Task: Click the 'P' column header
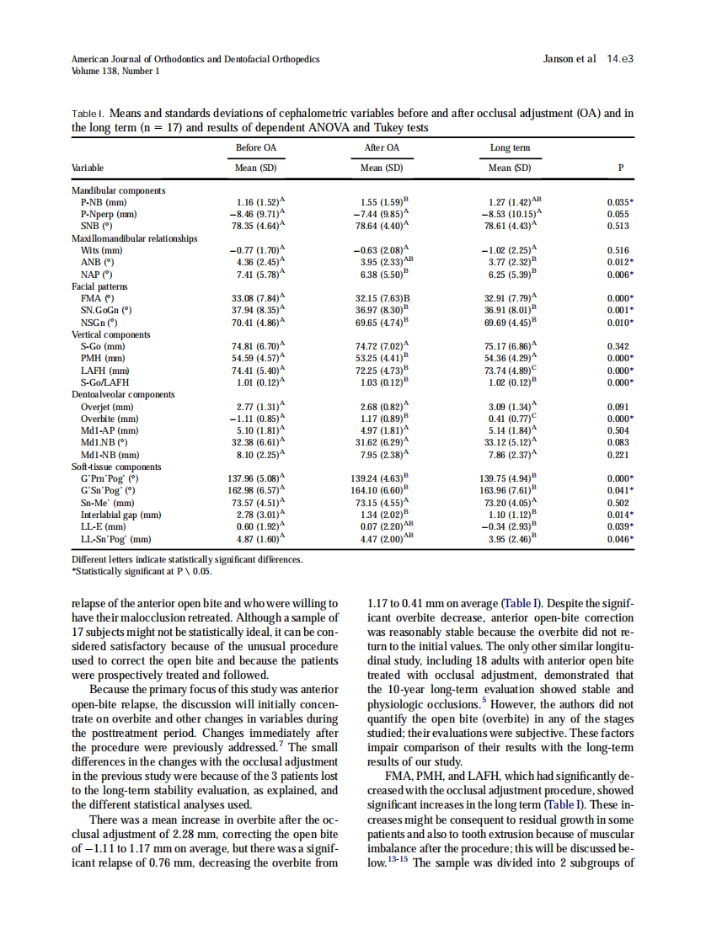click(x=620, y=168)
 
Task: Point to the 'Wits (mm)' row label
click(x=102, y=250)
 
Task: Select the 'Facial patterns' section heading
click(x=101, y=286)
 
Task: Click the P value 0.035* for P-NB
click(x=620, y=203)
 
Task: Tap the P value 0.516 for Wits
click(x=618, y=250)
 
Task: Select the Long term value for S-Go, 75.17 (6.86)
click(x=511, y=346)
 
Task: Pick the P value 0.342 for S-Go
click(x=618, y=346)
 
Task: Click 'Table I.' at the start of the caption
click(x=88, y=114)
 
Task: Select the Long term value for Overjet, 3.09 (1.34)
click(x=511, y=407)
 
